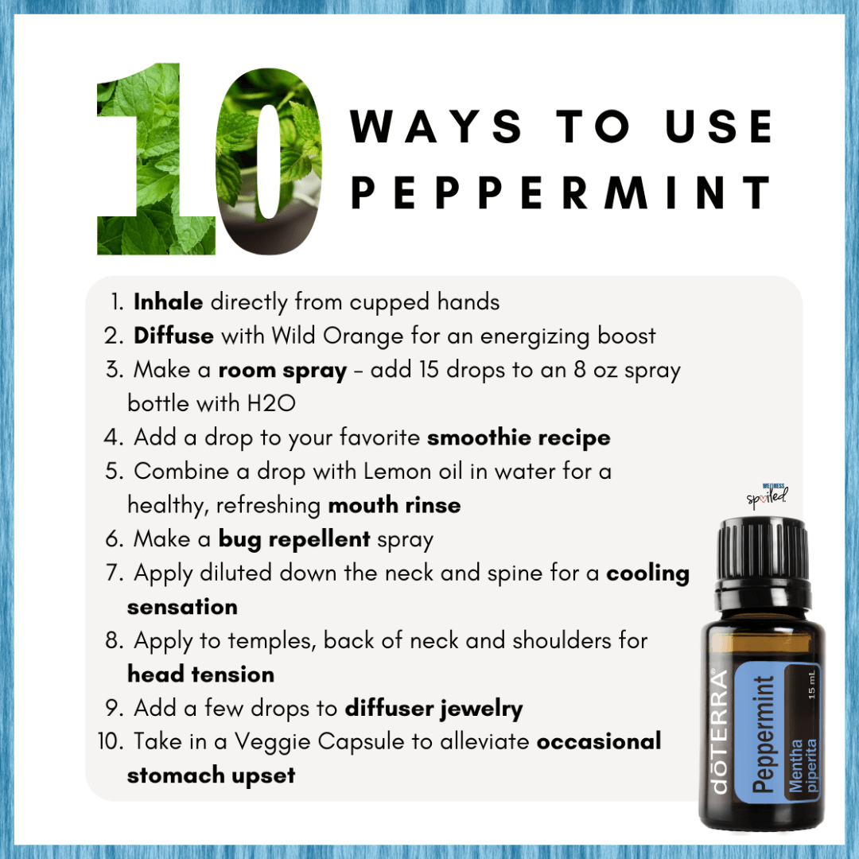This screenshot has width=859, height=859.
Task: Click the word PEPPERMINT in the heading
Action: (x=561, y=192)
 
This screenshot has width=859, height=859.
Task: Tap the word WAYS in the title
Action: (x=436, y=126)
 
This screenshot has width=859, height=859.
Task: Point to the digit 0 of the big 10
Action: (x=269, y=161)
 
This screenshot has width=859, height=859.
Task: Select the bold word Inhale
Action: (x=168, y=302)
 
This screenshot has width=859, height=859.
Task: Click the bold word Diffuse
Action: (x=173, y=336)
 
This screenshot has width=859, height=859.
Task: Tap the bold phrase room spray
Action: (x=282, y=371)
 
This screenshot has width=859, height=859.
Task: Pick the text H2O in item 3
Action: (x=272, y=404)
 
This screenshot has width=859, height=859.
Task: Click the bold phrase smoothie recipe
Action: (x=519, y=437)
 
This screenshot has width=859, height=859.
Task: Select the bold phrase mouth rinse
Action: (x=395, y=505)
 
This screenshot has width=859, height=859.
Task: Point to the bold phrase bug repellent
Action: (x=294, y=539)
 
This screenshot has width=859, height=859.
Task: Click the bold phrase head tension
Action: (x=200, y=674)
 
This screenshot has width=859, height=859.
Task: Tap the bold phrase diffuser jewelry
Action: (x=434, y=709)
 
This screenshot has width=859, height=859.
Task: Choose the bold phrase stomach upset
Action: (x=211, y=776)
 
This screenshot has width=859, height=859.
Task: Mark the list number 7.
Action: (x=114, y=573)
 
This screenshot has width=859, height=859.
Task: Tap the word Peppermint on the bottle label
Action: (x=763, y=733)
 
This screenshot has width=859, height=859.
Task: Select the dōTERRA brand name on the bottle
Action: (x=719, y=731)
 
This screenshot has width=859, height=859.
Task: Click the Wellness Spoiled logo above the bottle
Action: (x=768, y=496)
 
